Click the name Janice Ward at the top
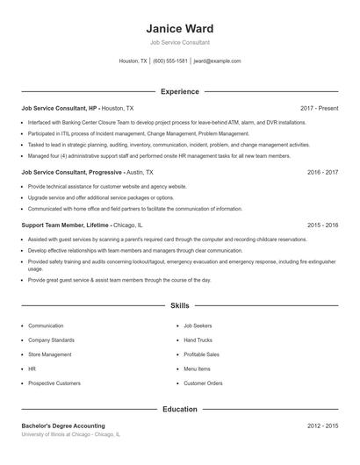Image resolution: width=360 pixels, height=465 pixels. tap(179, 28)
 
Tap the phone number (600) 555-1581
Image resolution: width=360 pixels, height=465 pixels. tap(170, 61)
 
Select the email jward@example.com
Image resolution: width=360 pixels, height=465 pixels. tap(217, 61)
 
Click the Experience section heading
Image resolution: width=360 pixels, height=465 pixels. tap(179, 91)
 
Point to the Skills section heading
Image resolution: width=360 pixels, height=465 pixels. tap(179, 306)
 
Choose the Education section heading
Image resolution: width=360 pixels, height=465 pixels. tap(179, 409)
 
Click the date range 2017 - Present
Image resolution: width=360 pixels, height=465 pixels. tap(319, 108)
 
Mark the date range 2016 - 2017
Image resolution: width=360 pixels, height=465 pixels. tap(322, 174)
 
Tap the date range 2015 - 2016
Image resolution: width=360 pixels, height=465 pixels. tap(322, 225)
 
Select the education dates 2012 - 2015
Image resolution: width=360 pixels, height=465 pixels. tap(322, 426)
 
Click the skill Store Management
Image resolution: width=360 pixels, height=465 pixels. tap(50, 354)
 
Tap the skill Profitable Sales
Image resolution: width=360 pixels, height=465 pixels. tap(202, 354)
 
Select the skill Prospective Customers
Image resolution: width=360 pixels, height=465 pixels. tap(54, 383)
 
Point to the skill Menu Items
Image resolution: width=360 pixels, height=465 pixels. tap(197, 369)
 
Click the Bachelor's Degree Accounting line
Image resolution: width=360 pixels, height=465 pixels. tap(63, 426)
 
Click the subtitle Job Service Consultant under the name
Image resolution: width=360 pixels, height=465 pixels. tap(179, 42)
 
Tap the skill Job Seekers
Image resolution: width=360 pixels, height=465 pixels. tap(198, 325)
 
